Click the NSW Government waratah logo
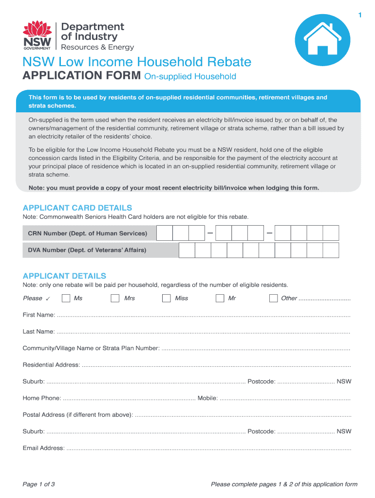(37, 35)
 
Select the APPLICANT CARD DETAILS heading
(77, 208)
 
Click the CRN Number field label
(88, 233)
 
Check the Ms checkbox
(66, 298)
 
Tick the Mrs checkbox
(115, 298)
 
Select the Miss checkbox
(167, 298)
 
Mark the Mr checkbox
(220, 298)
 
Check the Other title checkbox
(273, 298)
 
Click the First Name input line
(204, 315)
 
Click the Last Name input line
(204, 332)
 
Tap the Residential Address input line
(216, 365)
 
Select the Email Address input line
(208, 448)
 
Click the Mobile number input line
(285, 398)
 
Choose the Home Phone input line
(129, 398)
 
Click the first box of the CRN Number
(165, 233)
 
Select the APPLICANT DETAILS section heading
(64, 276)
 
